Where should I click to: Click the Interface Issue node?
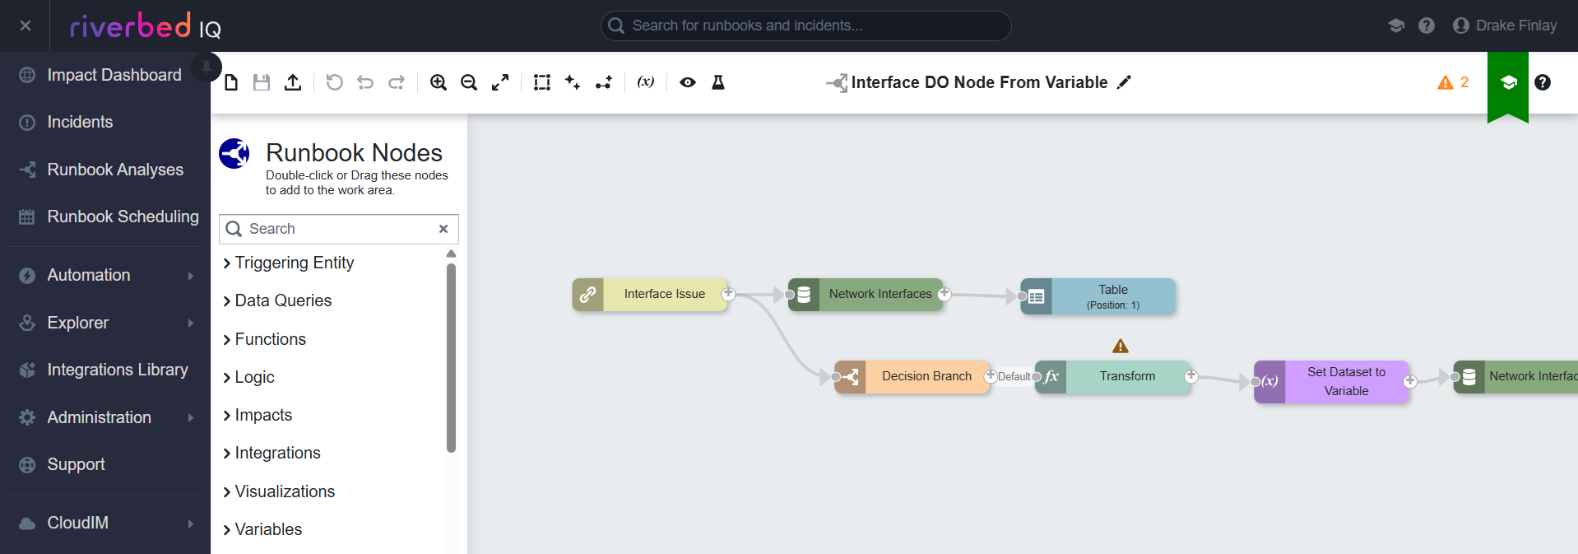point(650,294)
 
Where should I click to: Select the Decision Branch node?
point(912,376)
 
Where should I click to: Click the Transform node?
point(1112,376)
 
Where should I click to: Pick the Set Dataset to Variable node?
point(1331,381)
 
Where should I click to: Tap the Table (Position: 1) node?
point(1098,296)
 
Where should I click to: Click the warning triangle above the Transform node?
point(1121,346)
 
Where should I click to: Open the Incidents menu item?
point(80,122)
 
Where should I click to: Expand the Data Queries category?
point(277,300)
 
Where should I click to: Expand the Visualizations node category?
point(279,491)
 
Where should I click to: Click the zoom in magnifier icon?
point(439,82)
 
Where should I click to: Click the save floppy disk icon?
point(262,82)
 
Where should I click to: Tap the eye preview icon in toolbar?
point(688,82)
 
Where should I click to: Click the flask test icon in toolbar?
point(718,82)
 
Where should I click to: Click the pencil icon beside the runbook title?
point(1124,82)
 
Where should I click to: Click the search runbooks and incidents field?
point(806,26)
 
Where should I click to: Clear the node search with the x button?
point(443,229)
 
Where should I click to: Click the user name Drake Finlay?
point(1516,26)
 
